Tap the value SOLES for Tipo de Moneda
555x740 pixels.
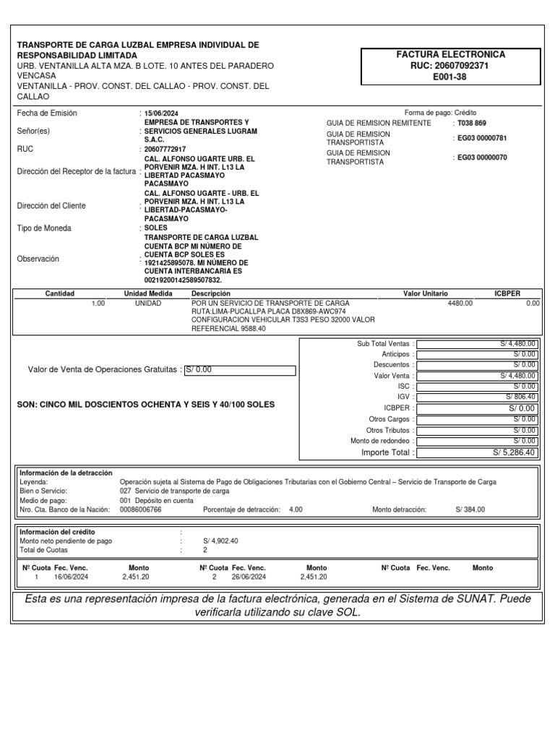pos(156,228)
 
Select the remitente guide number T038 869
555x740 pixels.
pos(472,123)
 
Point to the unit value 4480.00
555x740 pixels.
pos(460,304)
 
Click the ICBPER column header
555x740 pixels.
pos(507,294)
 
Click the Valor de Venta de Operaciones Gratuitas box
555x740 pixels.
pos(240,371)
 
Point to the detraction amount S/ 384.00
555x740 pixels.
pos(470,509)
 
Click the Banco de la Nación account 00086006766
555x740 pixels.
pos(140,509)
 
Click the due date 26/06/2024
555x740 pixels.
pos(249,577)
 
